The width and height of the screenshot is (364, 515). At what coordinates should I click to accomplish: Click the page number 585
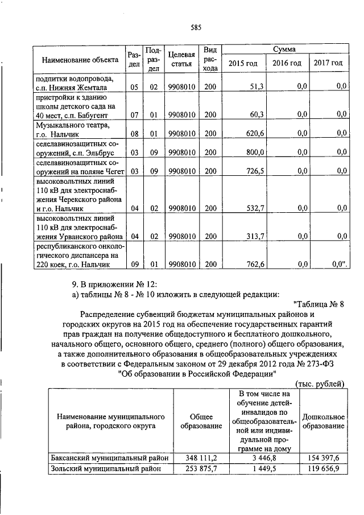point(197,27)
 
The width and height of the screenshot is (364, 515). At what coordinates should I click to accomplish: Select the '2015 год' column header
point(243,63)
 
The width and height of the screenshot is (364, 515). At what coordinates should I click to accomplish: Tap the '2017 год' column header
point(328,63)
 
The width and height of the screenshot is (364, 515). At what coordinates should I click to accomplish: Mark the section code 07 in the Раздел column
point(134,114)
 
